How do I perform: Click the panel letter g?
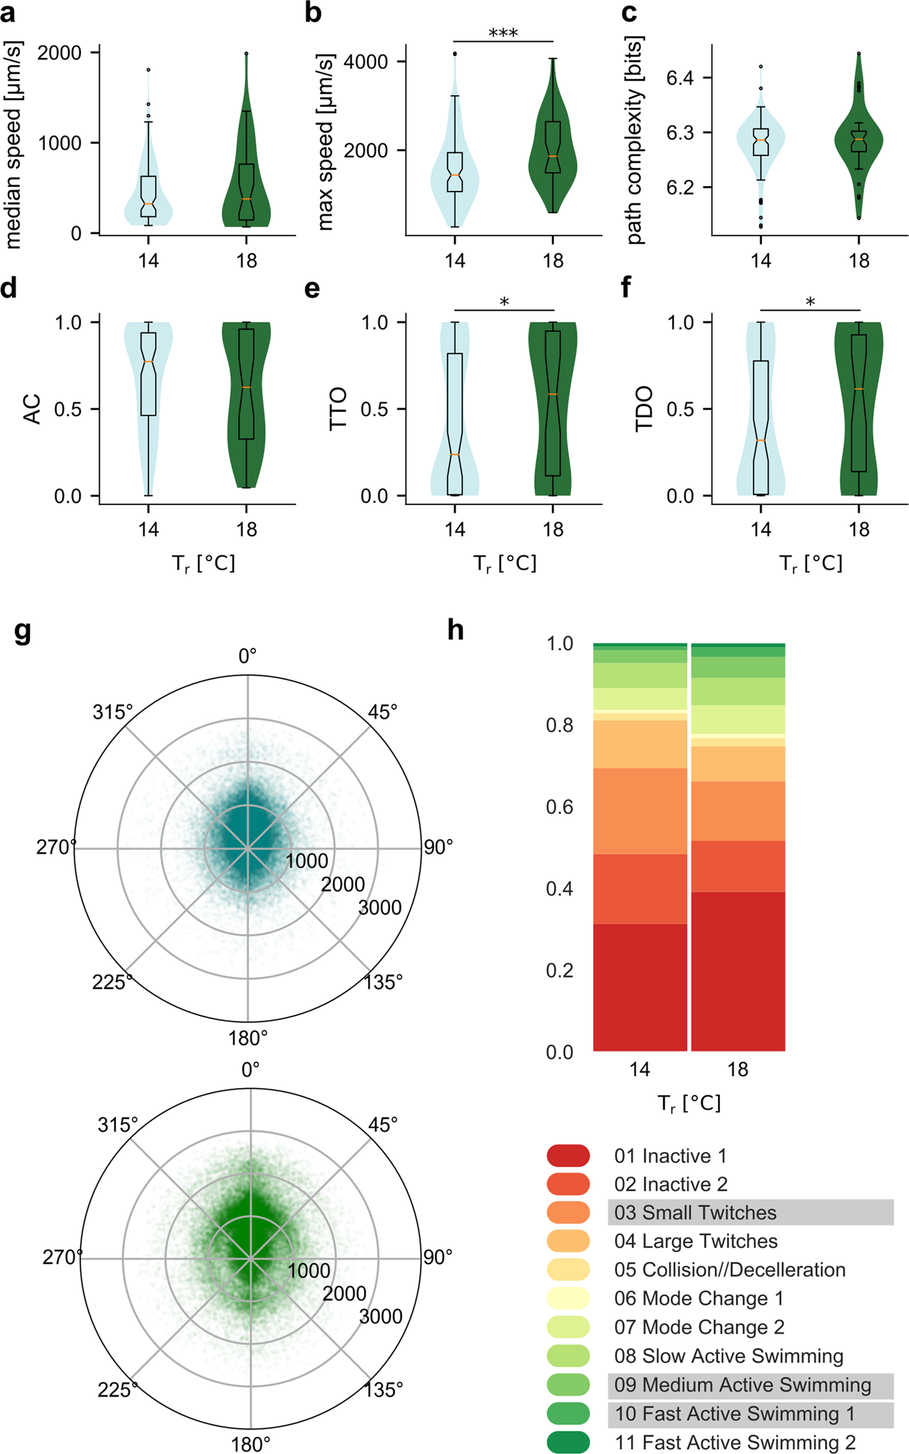click(x=22, y=631)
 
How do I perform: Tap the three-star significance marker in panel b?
click(x=503, y=33)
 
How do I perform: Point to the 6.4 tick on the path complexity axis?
click(x=679, y=78)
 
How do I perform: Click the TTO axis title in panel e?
click(x=338, y=409)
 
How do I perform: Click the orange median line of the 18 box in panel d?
click(x=246, y=387)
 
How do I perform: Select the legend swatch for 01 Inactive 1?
click(x=568, y=1155)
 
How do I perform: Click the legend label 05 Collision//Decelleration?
click(x=729, y=1269)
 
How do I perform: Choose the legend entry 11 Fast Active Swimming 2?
click(x=734, y=1442)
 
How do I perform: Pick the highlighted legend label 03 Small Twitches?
click(x=695, y=1212)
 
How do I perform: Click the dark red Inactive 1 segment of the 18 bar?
click(x=738, y=971)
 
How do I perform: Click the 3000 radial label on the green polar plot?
click(x=380, y=1317)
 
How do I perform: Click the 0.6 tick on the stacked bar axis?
click(x=559, y=807)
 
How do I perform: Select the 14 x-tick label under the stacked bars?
click(x=639, y=1069)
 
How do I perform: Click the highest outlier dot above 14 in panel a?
click(x=149, y=70)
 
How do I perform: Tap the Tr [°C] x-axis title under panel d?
click(x=203, y=564)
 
